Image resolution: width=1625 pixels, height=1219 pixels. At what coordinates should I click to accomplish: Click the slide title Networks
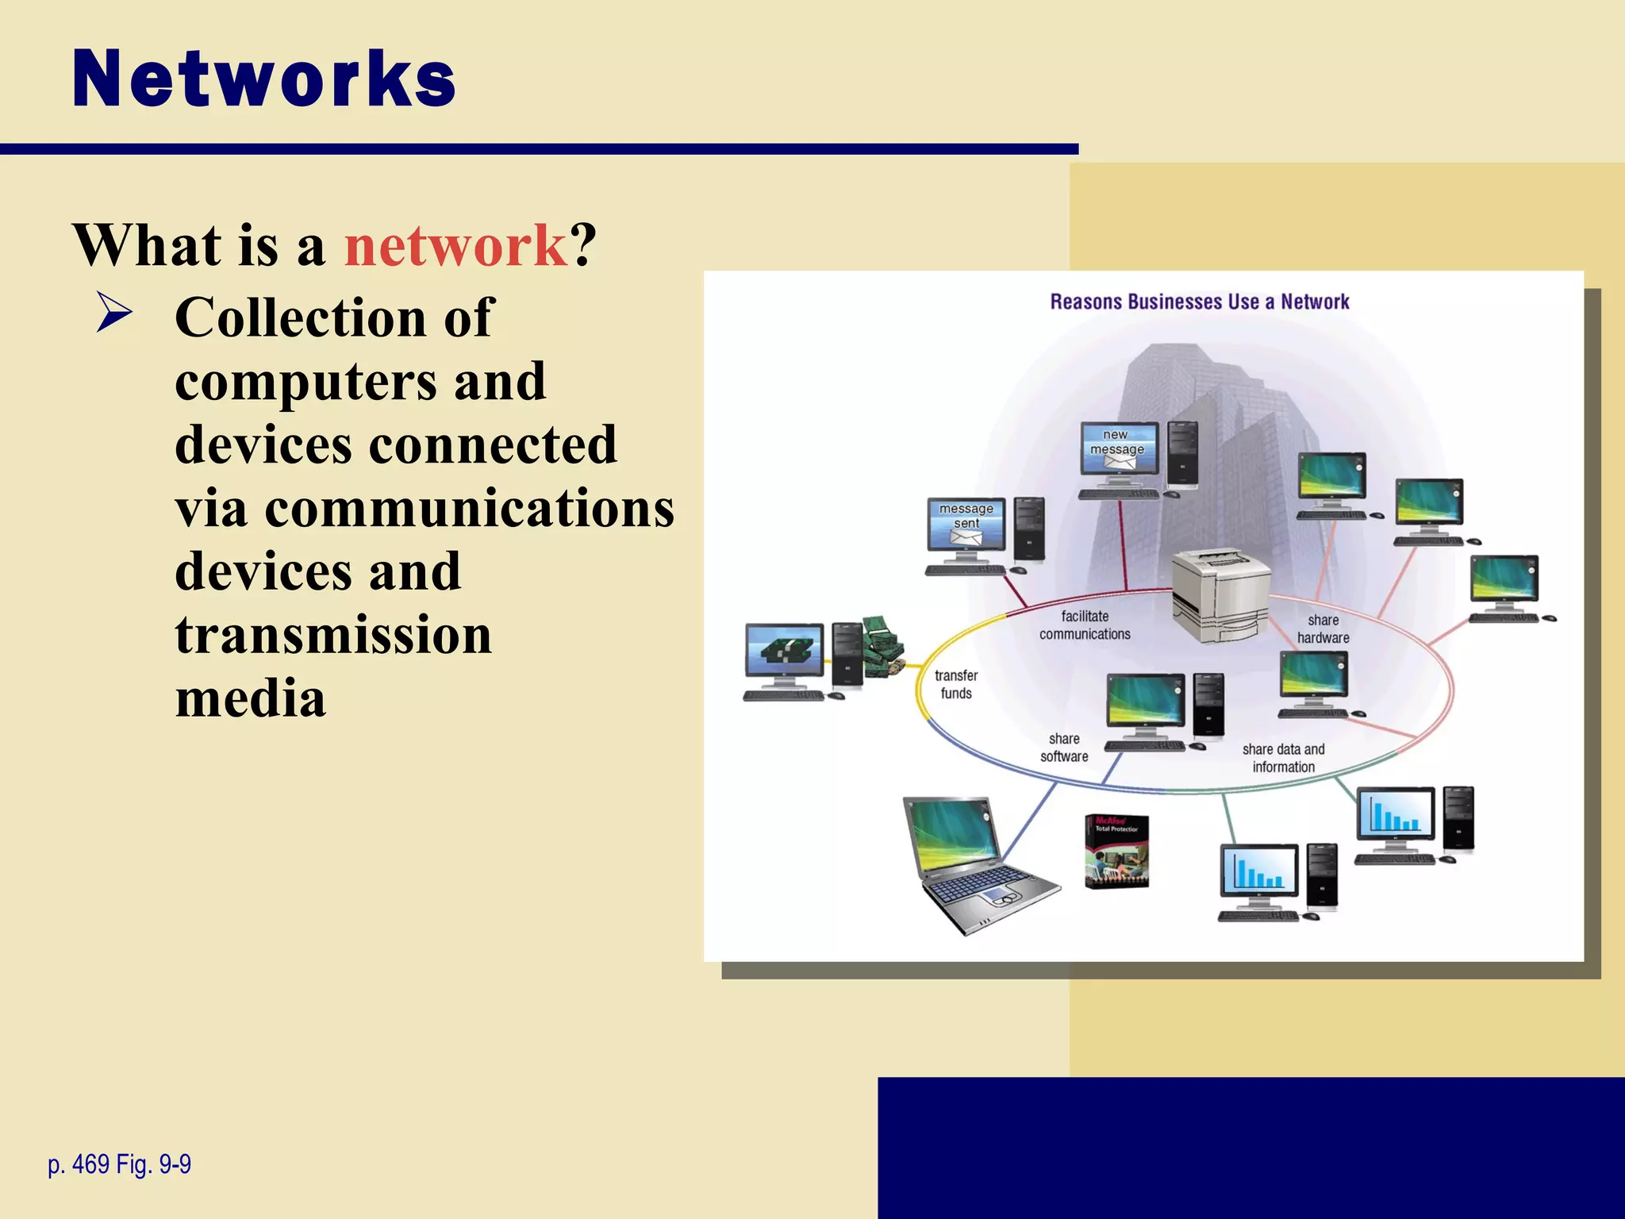[x=263, y=79]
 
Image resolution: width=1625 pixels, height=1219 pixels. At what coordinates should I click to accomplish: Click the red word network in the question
[x=455, y=245]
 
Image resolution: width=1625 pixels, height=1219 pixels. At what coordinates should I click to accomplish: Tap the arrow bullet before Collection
[x=114, y=313]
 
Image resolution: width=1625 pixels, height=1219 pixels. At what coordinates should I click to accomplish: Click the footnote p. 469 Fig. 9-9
[x=119, y=1164]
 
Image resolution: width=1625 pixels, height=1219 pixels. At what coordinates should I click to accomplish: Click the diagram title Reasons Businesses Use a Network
[x=1199, y=302]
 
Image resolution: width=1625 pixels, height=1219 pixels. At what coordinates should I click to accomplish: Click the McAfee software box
[x=1116, y=852]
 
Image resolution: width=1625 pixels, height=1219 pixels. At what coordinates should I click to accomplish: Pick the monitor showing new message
[x=1119, y=450]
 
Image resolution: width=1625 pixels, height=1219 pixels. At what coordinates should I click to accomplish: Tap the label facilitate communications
[x=1085, y=625]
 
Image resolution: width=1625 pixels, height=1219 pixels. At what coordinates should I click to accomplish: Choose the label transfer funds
[x=956, y=684]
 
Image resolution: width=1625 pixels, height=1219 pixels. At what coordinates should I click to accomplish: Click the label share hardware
[x=1323, y=629]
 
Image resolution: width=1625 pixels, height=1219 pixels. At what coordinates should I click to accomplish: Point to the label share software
[x=1064, y=748]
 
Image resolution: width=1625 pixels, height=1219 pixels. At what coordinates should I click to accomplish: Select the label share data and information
[x=1283, y=758]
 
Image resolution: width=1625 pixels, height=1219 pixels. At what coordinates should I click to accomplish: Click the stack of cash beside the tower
[x=883, y=646]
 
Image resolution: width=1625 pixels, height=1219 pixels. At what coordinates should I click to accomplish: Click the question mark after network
[x=584, y=245]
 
